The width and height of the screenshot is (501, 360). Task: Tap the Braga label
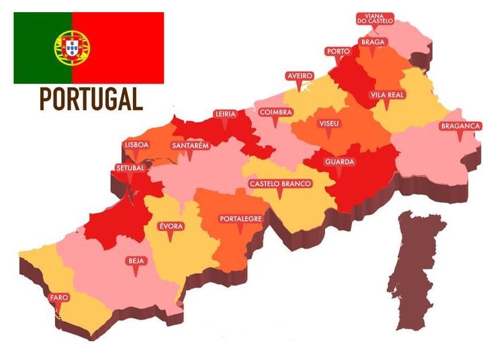[x=372, y=42]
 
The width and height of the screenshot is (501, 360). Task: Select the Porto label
[x=337, y=51]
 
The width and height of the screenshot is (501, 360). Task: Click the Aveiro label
[x=300, y=76]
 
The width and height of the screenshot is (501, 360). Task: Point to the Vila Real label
[x=387, y=95]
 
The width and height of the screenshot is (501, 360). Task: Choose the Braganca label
[x=460, y=126]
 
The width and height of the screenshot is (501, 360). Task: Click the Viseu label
[x=330, y=124]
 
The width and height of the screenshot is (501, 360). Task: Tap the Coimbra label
[x=275, y=112]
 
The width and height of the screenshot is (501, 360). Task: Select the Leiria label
[x=225, y=114]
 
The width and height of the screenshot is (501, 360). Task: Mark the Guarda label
[x=339, y=162]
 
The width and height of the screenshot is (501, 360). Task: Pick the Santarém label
[x=190, y=145]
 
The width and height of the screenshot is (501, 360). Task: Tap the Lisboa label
[x=136, y=144]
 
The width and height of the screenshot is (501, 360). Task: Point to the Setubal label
[x=130, y=168]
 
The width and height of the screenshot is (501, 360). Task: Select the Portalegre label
[x=241, y=219]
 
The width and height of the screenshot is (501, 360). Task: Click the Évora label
[x=171, y=226]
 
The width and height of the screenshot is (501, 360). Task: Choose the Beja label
[x=136, y=261]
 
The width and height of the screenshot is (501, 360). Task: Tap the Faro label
[x=58, y=298]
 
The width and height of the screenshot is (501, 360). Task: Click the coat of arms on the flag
[x=72, y=47]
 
